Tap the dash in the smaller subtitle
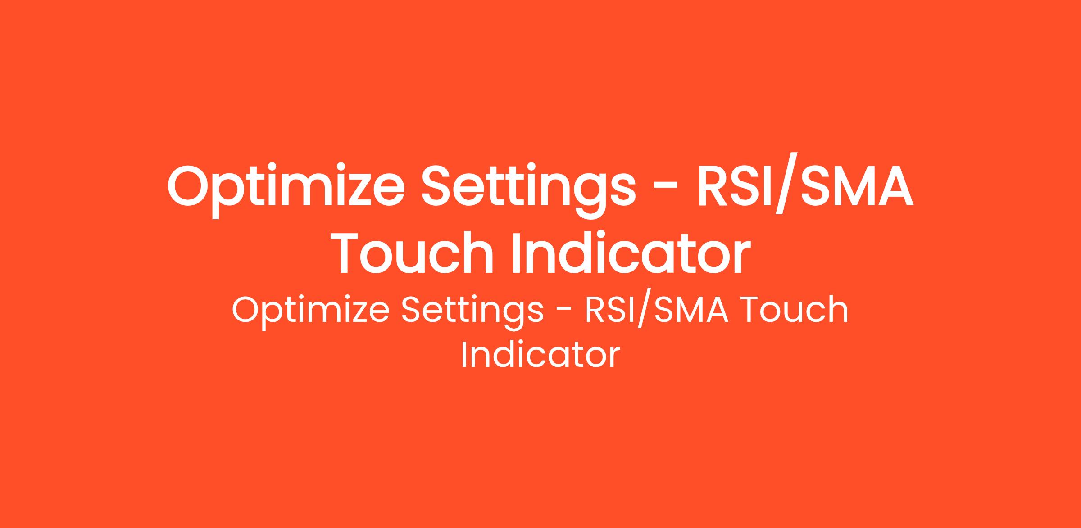[565, 312]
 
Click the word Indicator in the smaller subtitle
[540, 355]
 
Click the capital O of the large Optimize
[191, 186]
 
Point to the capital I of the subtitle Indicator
[464, 355]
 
